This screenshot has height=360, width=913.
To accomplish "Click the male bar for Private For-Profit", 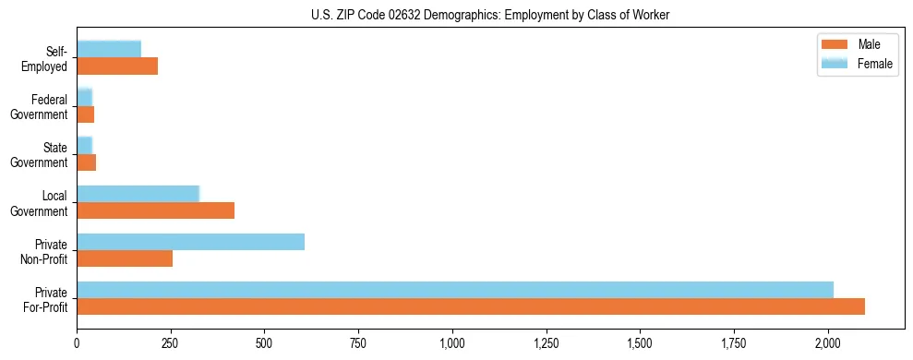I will coord(471,306).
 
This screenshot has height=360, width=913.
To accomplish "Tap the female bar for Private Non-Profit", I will coord(190,242).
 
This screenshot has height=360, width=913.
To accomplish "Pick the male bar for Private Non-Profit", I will coord(125,258).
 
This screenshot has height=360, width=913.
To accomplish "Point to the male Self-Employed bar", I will coord(117,66).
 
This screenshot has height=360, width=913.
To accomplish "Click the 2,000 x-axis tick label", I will coord(828,343).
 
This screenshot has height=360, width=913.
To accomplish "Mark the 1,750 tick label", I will coord(734,343).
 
